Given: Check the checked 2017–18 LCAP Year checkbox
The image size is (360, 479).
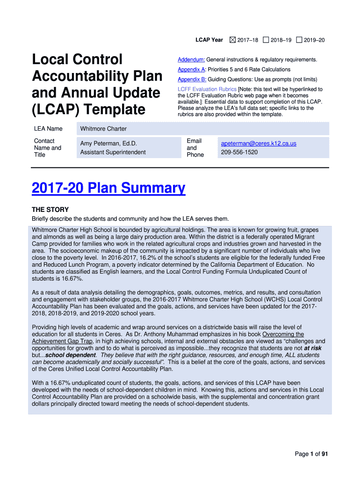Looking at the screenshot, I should [233, 40].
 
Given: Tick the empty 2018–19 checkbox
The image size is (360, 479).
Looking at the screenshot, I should [266, 40].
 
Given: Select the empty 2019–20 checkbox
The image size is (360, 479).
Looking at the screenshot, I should [299, 40].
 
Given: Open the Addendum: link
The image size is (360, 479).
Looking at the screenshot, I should [191, 60].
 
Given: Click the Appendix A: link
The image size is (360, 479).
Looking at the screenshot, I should [192, 70].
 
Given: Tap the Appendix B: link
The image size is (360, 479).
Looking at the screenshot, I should [192, 80].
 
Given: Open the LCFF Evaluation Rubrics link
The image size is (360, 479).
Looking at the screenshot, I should [207, 89].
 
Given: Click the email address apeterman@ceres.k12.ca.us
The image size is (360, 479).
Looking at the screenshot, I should [259, 144].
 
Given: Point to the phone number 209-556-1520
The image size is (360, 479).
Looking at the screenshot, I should [239, 152].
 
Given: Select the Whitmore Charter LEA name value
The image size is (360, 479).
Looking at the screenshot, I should [103, 129].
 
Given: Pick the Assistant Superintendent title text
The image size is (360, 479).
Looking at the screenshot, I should [113, 152].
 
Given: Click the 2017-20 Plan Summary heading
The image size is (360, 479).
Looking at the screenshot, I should [108, 189].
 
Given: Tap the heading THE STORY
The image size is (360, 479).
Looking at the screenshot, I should [50, 210].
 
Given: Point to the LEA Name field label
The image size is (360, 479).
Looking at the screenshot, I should [48, 129].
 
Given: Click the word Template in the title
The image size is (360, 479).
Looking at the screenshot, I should [109, 110].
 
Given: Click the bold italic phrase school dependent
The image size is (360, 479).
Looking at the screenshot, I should [70, 356].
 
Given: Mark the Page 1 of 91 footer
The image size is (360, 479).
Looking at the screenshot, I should [311, 454].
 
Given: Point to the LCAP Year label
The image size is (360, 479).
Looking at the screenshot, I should [209, 40].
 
